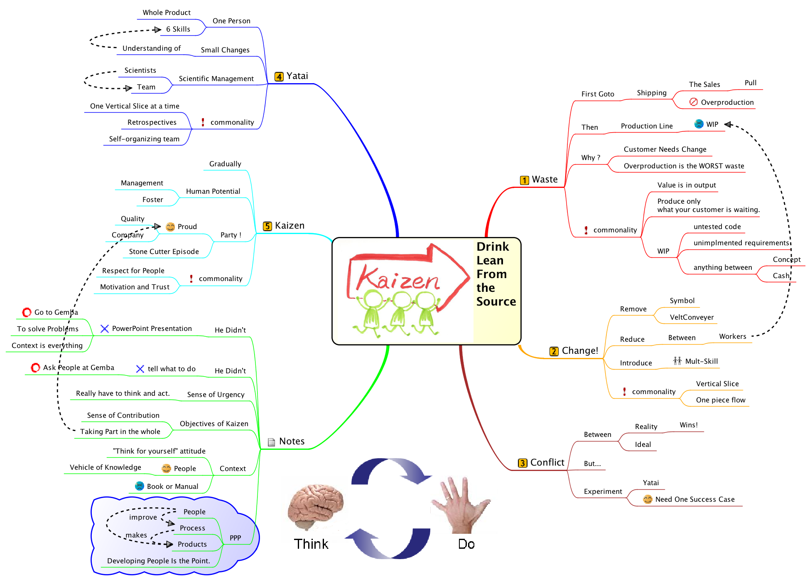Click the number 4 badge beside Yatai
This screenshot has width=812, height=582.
[279, 76]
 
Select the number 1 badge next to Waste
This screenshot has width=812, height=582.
[525, 180]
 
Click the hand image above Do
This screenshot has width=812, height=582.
[461, 505]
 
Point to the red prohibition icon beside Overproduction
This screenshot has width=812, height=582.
[693, 102]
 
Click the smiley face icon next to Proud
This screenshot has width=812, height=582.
[170, 227]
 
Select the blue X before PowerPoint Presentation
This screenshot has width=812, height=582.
[105, 329]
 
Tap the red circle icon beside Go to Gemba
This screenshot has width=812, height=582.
[27, 312]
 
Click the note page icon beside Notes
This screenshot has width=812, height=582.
[271, 442]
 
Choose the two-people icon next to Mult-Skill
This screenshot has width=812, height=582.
[677, 361]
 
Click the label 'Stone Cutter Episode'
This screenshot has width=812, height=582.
[164, 252]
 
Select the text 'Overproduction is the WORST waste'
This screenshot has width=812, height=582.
[684, 166]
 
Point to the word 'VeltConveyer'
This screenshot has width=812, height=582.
[692, 317]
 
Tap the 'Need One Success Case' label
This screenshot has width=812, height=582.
[695, 499]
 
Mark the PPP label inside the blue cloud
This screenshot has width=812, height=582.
[235, 538]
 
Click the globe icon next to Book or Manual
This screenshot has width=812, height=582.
[140, 486]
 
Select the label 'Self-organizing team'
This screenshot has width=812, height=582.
[144, 139]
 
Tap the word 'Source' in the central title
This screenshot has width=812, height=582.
[496, 301]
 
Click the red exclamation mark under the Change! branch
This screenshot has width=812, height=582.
[624, 392]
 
